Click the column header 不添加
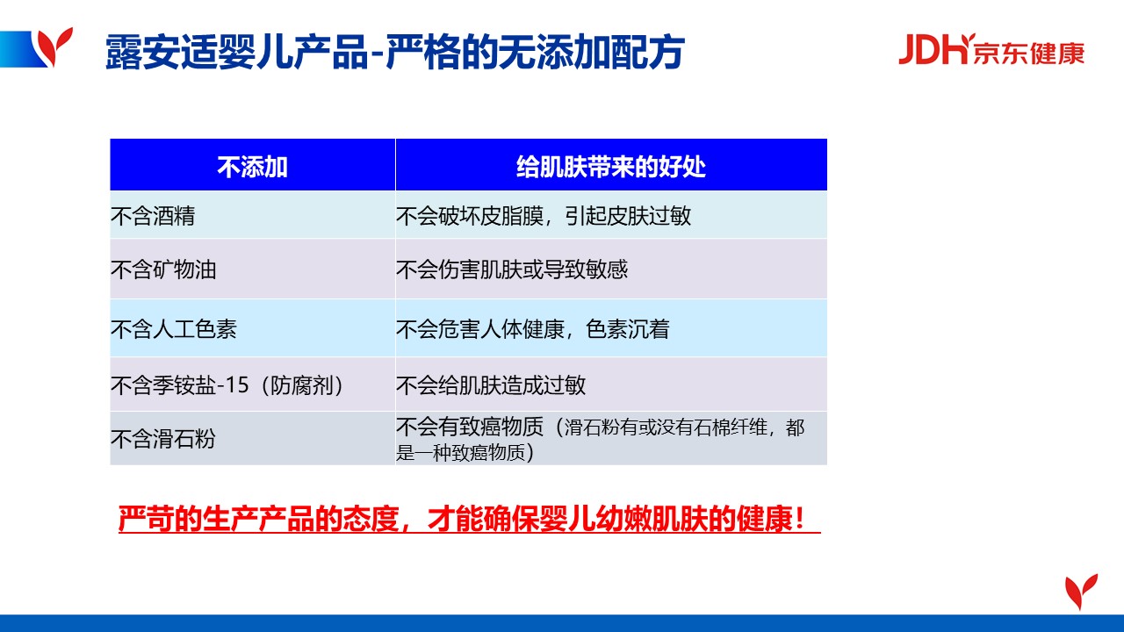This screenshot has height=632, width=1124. tap(252, 167)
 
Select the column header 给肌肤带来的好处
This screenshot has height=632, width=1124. tap(611, 167)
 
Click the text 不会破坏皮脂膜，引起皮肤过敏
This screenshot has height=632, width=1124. tap(544, 216)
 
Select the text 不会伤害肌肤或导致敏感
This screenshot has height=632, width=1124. tap(512, 269)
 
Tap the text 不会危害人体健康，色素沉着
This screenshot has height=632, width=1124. tap(533, 329)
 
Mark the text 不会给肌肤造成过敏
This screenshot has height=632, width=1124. tap(491, 385)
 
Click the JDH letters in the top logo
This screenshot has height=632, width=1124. tap(933, 49)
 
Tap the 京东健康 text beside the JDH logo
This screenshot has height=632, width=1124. tap(1028, 53)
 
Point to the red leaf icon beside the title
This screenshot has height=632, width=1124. tap(55, 47)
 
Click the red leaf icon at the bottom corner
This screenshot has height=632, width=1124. tap(1081, 591)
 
